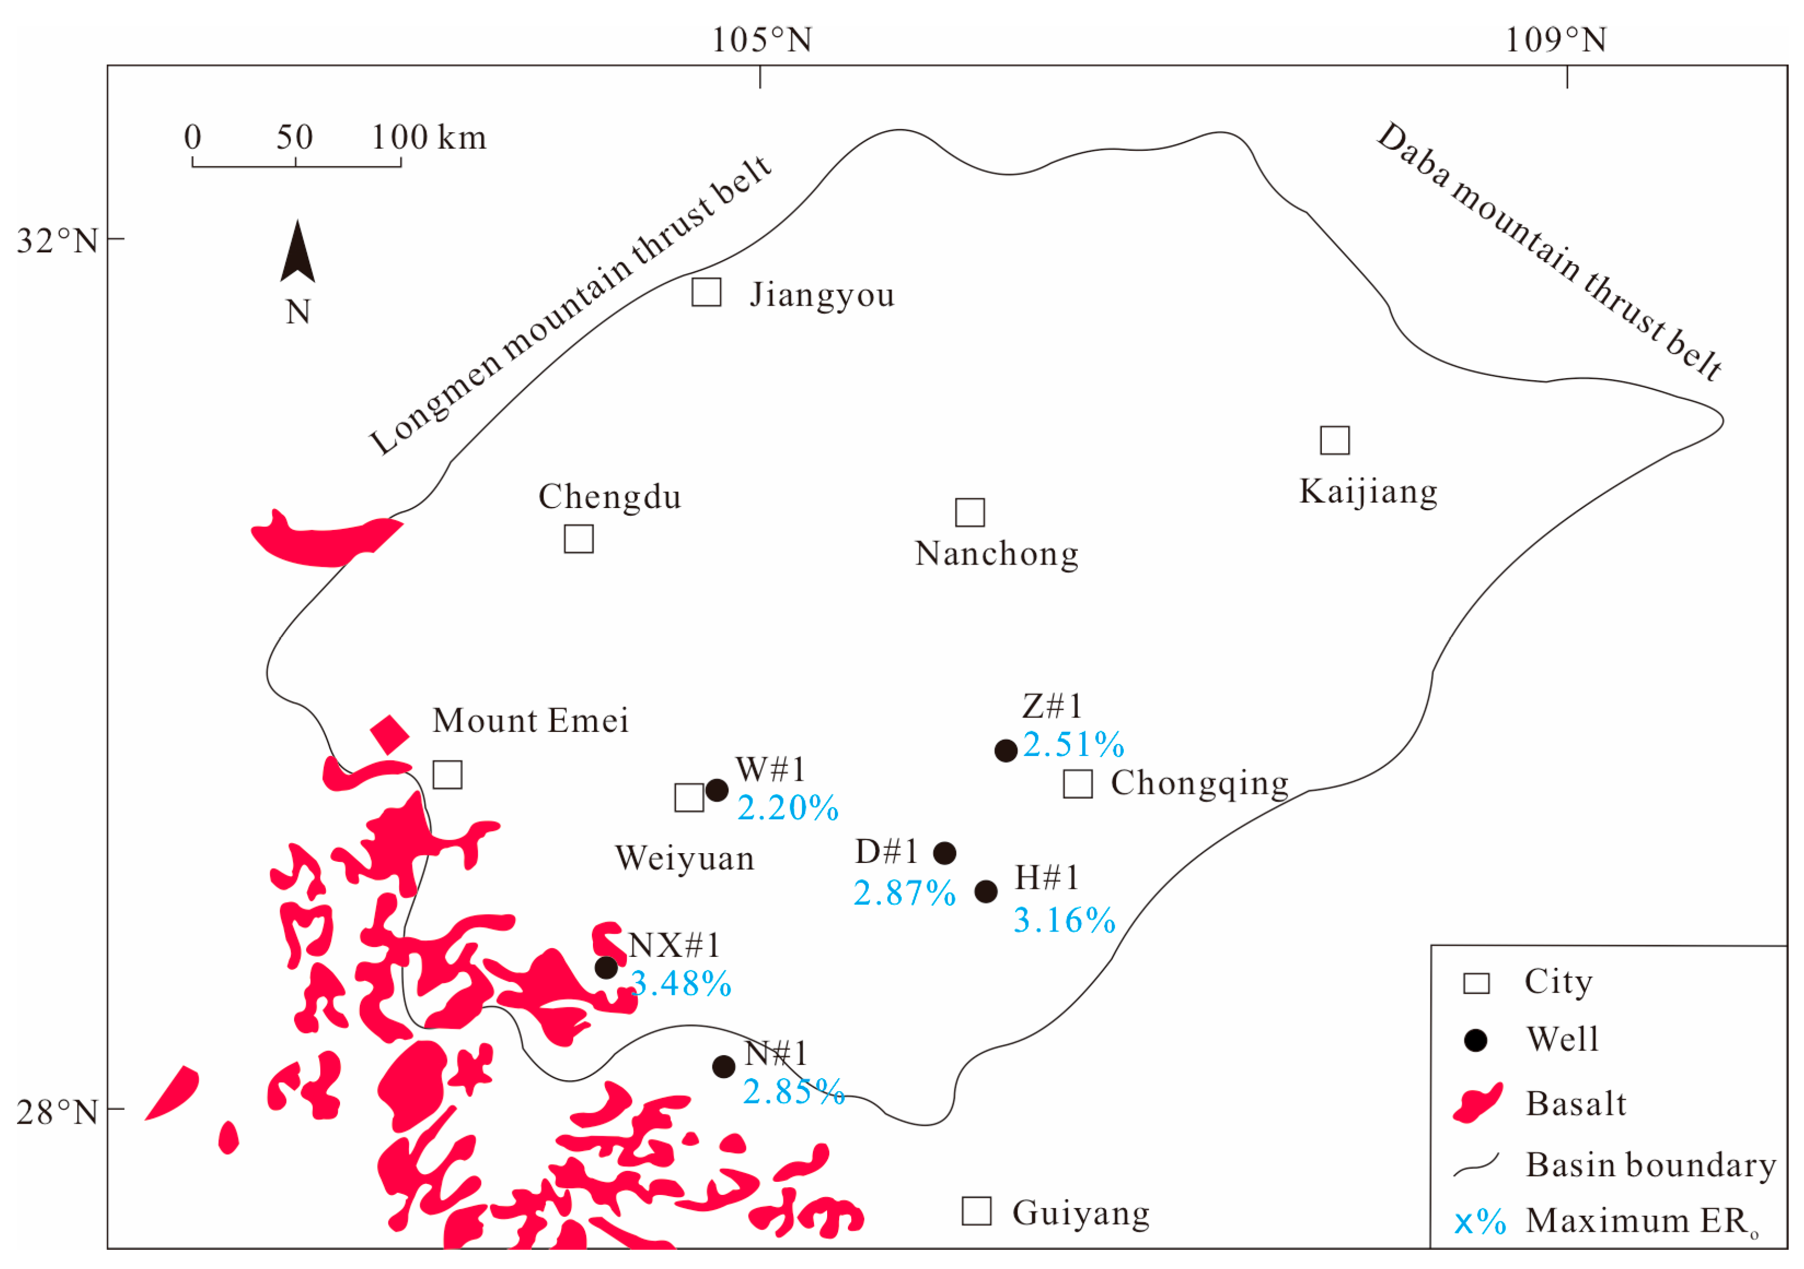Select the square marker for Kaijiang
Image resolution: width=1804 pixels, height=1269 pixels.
coord(1334,440)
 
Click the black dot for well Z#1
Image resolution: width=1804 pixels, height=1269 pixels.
coord(1006,751)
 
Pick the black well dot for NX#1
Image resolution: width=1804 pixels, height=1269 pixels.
coord(606,967)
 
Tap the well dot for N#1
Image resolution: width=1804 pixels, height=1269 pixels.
coord(723,1066)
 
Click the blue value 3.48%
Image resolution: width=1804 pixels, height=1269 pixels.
coord(681,984)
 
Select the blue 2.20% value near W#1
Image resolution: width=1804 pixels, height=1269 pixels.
coord(787,809)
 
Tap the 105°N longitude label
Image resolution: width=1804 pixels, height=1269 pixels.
coord(761,40)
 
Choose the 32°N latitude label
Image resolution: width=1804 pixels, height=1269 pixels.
coord(56,240)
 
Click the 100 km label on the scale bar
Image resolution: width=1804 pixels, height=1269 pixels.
coord(428,138)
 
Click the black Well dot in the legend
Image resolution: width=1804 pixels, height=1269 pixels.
coord(1475,1040)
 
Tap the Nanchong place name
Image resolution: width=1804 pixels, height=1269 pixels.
coord(996,554)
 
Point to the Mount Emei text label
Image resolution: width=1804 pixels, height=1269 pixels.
coord(530,720)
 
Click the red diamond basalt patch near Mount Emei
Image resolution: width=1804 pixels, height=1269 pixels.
coord(390,735)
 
